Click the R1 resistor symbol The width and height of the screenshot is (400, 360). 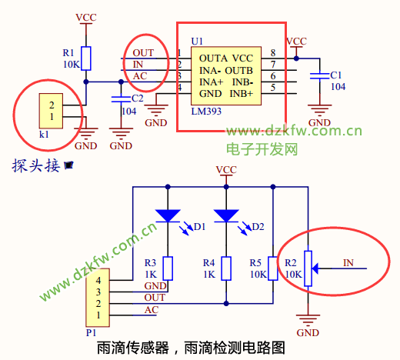point(86,58)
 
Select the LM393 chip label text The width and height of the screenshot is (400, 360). point(206,112)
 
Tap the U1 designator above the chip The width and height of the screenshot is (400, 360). point(197,42)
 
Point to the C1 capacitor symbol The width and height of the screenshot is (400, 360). point(319,76)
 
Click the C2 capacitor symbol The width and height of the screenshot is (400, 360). point(121,99)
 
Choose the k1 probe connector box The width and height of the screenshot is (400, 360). point(51,111)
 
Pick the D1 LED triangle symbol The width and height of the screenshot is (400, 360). point(168,215)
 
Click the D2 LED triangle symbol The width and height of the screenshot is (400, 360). point(226,215)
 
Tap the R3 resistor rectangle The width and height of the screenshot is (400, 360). point(168,268)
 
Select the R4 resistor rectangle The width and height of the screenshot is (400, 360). point(226,268)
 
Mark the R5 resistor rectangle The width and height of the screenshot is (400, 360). point(273,268)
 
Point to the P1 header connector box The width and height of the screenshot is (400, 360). point(98,298)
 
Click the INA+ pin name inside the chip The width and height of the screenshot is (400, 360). point(212,82)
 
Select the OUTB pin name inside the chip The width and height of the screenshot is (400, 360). point(239,71)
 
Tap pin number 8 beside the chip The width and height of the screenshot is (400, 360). point(273,53)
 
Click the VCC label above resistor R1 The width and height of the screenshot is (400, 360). point(86,18)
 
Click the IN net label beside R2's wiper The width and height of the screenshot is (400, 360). point(348,262)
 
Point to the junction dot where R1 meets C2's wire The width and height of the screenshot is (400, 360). point(86,82)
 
